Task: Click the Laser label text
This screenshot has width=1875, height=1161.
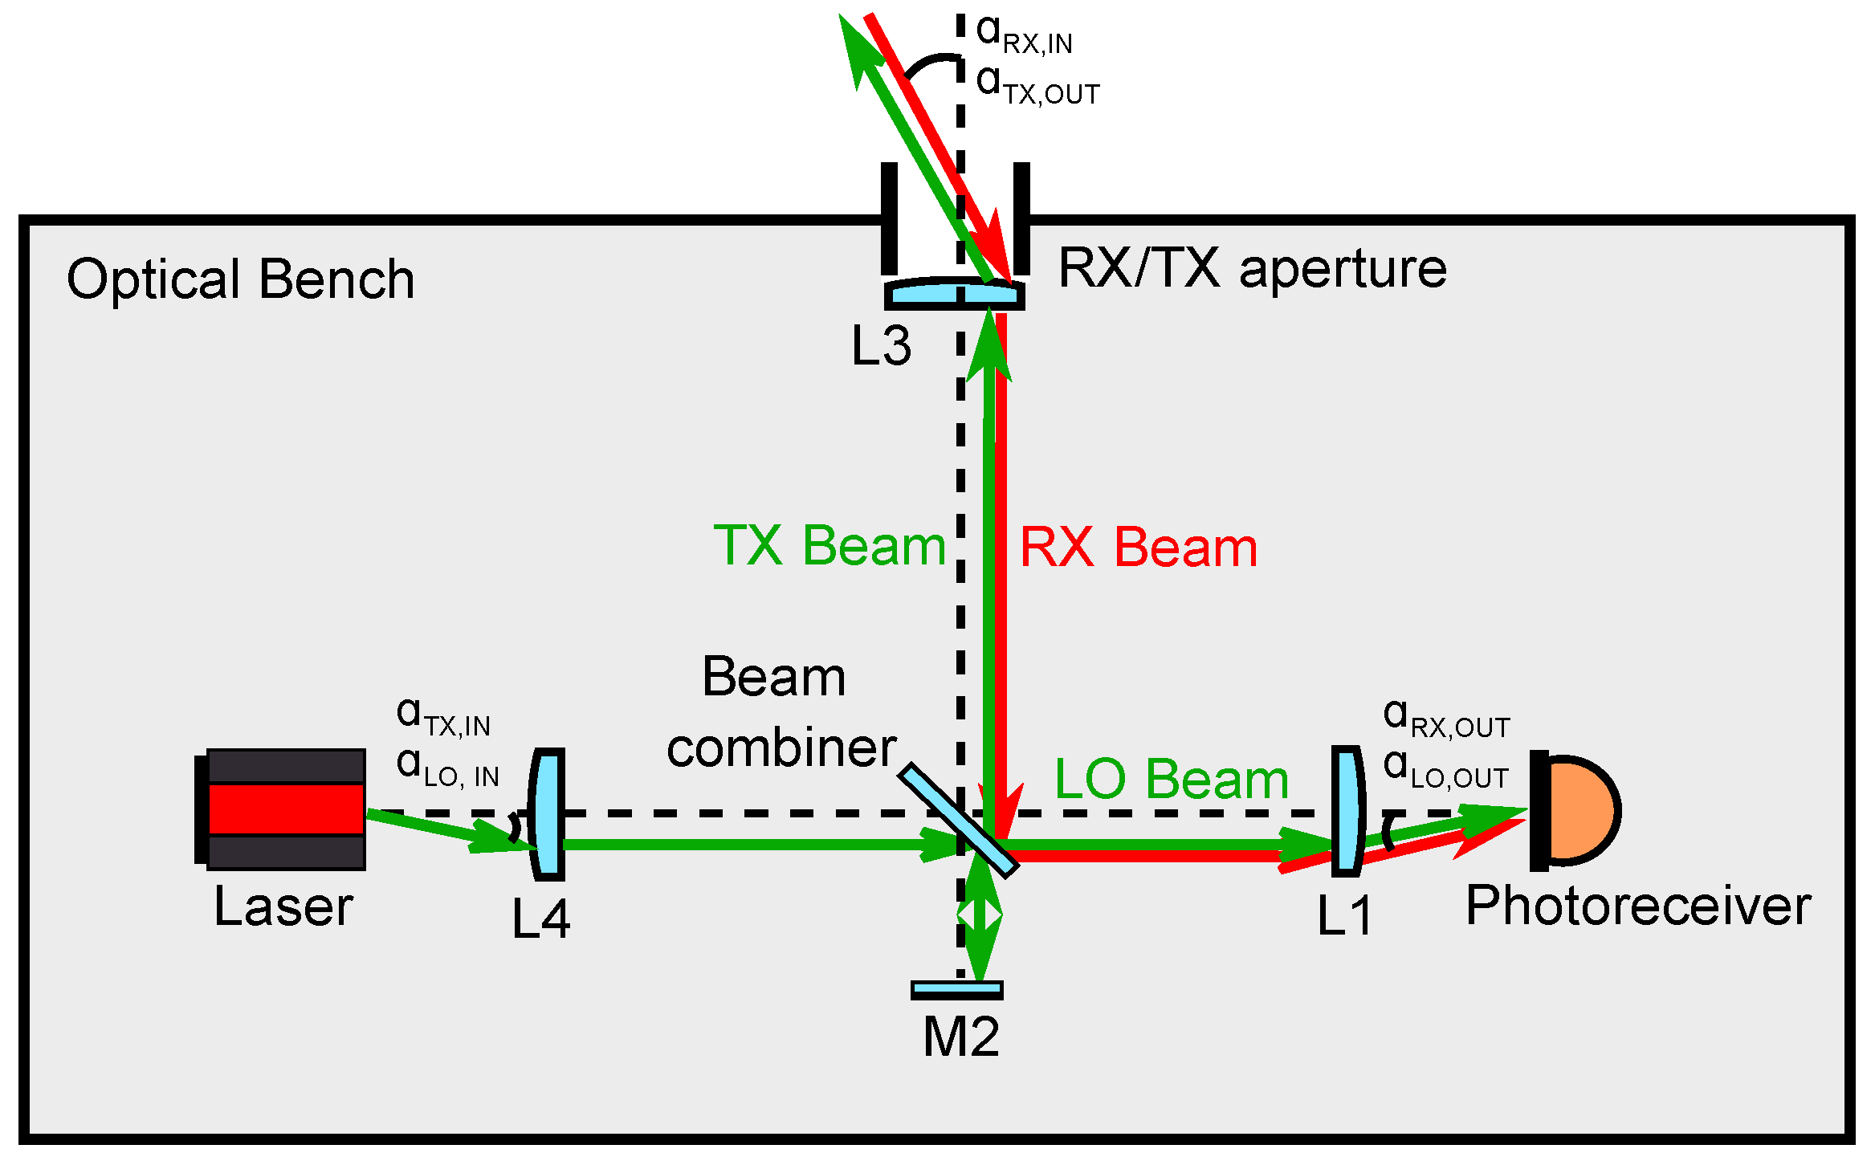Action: click(x=283, y=907)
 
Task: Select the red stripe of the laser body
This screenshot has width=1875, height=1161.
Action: click(x=286, y=809)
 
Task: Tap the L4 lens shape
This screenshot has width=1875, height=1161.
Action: click(x=548, y=813)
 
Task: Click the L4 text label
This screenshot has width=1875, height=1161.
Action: click(x=540, y=919)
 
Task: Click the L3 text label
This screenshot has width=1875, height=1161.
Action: click(x=881, y=347)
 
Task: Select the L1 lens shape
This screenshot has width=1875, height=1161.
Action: click(x=1347, y=811)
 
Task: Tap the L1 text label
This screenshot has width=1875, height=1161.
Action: click(x=1345, y=916)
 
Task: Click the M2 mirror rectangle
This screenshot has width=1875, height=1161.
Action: click(x=956, y=990)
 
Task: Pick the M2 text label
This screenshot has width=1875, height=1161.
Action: click(x=960, y=1037)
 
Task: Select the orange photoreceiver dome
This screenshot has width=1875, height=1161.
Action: click(x=1582, y=810)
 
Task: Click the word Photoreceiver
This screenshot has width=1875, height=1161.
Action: click(x=1638, y=906)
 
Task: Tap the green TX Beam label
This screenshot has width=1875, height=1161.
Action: click(x=830, y=546)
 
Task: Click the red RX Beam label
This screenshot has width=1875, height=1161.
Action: click(x=1138, y=548)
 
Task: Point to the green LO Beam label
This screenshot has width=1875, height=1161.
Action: click(x=1171, y=780)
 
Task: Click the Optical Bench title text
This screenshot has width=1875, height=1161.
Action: click(x=240, y=280)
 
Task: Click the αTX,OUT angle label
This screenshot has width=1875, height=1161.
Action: click(x=1037, y=85)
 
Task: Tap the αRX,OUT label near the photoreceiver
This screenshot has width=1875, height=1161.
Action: click(x=1445, y=718)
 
